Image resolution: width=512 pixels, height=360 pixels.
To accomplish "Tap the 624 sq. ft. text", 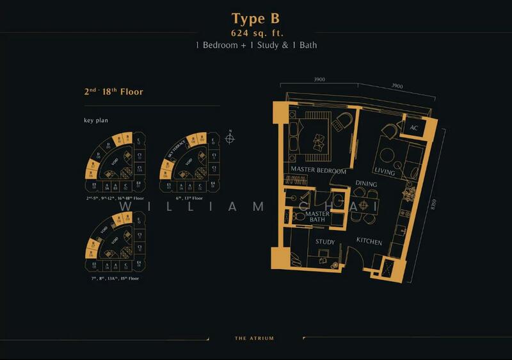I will pyautogui.click(x=255, y=33).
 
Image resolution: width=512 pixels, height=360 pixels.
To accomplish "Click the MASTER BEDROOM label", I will pyautogui.click(x=318, y=171).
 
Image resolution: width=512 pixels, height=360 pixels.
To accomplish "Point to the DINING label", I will pyautogui.click(x=366, y=184).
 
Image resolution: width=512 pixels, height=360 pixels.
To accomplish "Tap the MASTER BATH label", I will pyautogui.click(x=317, y=217).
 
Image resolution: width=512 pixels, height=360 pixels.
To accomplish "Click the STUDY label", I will pyautogui.click(x=326, y=242).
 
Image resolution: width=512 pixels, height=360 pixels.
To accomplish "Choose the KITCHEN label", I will pyautogui.click(x=369, y=242).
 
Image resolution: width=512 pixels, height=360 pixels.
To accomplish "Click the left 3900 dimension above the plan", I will pyautogui.click(x=320, y=80).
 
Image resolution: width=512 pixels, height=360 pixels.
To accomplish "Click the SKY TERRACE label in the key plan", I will pyautogui.click(x=174, y=154).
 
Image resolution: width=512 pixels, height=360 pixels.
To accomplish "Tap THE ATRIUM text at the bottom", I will pyautogui.click(x=255, y=338).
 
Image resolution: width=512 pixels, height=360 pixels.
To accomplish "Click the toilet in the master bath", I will pyautogui.click(x=298, y=218).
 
